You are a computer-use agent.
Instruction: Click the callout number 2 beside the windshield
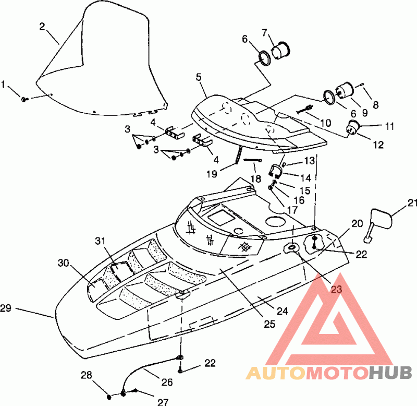pyautogui.click(x=42, y=27)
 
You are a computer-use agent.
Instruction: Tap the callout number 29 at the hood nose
pyautogui.click(x=6, y=308)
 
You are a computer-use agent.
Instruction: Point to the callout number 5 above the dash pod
pyautogui.click(x=199, y=77)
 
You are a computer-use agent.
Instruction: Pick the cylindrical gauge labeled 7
pyautogui.click(x=280, y=50)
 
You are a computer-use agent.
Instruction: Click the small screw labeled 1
pyautogui.click(x=24, y=99)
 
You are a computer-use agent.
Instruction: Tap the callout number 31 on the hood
pyautogui.click(x=100, y=241)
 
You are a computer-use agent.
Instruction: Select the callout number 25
pyautogui.click(x=269, y=324)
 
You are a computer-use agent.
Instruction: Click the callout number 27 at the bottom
pyautogui.click(x=163, y=401)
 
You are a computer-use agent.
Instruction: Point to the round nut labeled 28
pyautogui.click(x=109, y=397)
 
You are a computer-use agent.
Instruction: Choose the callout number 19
pyautogui.click(x=212, y=174)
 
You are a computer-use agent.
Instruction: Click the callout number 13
pyautogui.click(x=309, y=161)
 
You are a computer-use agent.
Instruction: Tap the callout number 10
pyautogui.click(x=325, y=123)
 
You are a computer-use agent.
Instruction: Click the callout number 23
pyautogui.click(x=336, y=289)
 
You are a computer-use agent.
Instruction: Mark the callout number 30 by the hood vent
pyautogui.click(x=64, y=263)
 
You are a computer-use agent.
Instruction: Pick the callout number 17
pyautogui.click(x=292, y=210)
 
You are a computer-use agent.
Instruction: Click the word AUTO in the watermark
pyautogui.click(x=276, y=373)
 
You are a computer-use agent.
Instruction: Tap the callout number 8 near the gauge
pyautogui.click(x=375, y=105)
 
